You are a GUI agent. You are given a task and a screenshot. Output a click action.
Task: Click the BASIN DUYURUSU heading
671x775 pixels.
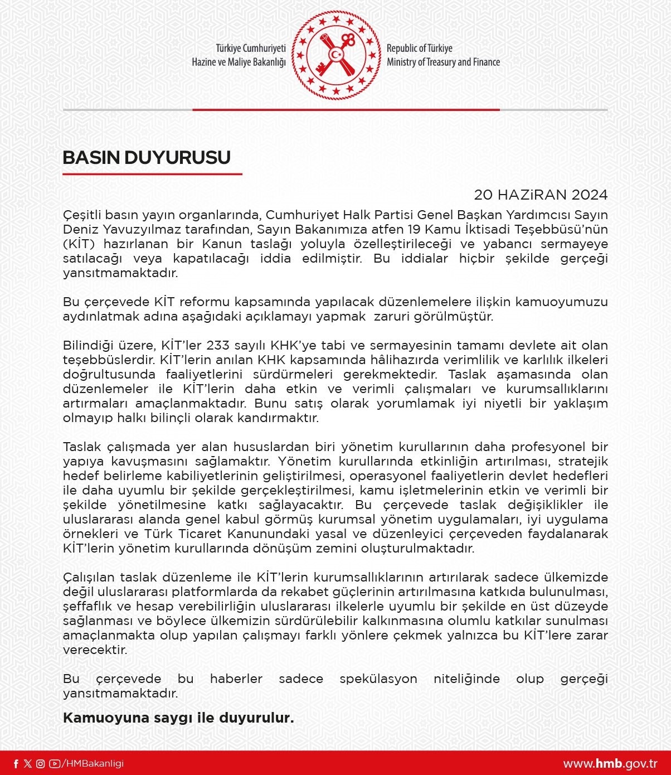[147, 158]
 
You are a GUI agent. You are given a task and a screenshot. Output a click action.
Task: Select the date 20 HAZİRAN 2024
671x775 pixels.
[540, 195]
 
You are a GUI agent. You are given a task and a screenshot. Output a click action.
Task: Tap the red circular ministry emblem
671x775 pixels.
[335, 55]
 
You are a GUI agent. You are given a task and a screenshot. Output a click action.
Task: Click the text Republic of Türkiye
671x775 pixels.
[419, 49]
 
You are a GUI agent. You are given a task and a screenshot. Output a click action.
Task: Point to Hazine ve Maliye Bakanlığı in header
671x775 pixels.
[239, 62]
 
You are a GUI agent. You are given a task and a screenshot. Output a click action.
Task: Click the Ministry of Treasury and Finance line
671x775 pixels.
[443, 62]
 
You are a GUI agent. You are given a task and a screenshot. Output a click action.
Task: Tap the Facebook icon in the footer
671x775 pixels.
[16, 764]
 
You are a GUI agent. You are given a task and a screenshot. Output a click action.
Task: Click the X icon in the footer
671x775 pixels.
[28, 764]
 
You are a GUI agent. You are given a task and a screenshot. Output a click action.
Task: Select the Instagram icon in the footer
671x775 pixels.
[40, 764]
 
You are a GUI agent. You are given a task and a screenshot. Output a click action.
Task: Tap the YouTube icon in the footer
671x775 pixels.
[54, 764]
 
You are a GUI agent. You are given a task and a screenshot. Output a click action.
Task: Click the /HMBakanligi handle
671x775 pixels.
[93, 764]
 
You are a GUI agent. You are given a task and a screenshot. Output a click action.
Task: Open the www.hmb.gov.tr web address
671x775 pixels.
[610, 764]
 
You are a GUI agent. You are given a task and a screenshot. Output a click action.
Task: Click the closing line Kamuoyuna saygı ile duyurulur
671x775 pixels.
[178, 718]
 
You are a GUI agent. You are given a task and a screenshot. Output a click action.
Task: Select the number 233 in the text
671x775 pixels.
[218, 346]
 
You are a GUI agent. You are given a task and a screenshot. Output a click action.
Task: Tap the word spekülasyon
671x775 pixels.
[378, 679]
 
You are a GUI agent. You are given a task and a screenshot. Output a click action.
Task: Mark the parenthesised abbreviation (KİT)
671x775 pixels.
[80, 244]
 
